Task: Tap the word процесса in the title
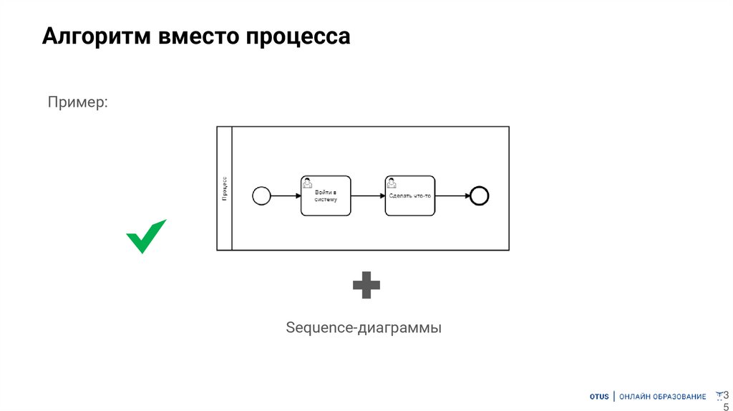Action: click(298, 37)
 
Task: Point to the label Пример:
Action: click(78, 102)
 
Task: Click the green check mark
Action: click(146, 236)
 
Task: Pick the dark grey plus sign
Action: click(366, 285)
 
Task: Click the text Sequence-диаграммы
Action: click(364, 328)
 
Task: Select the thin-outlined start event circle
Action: click(261, 195)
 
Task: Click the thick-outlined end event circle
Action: click(479, 195)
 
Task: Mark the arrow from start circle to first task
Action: click(286, 195)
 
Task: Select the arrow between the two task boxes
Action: click(368, 195)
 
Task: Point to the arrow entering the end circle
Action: click(452, 195)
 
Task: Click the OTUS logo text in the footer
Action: click(599, 397)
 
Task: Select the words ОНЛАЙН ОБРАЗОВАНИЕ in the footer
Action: click(662, 397)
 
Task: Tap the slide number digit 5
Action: click(726, 406)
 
